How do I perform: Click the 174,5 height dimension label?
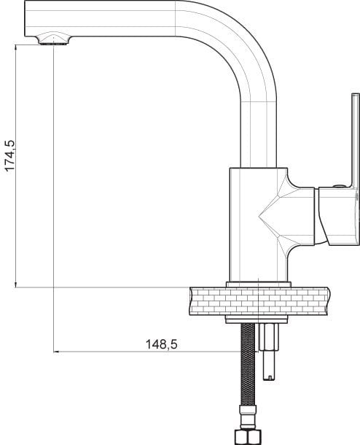point(10,155)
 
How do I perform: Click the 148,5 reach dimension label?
point(161,344)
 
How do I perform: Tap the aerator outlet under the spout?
point(54,39)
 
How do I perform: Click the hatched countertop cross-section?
point(259,301)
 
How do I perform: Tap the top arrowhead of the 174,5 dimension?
point(15,48)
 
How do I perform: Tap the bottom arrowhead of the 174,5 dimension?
point(15,284)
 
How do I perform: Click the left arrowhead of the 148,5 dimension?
point(57,352)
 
